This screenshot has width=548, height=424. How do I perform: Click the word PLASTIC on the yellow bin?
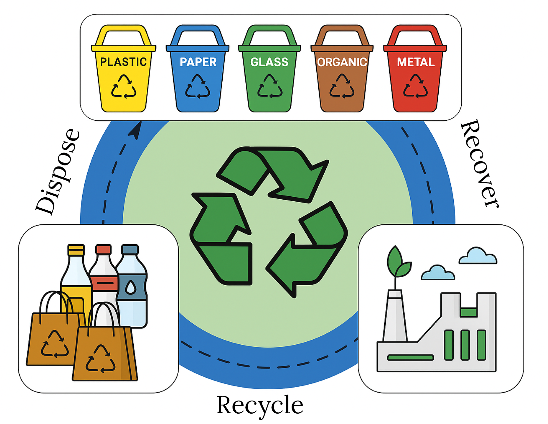pos(123,62)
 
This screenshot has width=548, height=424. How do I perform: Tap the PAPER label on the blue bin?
pos(198,62)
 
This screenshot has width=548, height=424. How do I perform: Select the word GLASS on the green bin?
pos(269,62)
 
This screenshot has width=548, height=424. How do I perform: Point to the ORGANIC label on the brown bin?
pos(342,62)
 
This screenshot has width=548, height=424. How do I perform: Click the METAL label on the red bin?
pos(416,62)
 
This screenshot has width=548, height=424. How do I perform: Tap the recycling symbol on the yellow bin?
pos(124,87)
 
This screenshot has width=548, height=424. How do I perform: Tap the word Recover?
pos(480,164)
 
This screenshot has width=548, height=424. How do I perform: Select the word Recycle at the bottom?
pos(260,405)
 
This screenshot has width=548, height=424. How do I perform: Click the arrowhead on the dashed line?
pos(136,130)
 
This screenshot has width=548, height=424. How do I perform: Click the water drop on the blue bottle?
pos(131,287)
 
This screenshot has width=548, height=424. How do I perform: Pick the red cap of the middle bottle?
pos(103,249)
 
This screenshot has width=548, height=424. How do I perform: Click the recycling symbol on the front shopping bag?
pos(100,359)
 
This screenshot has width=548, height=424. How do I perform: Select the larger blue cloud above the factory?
pos(478,256)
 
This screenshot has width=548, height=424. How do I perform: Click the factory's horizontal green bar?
pos(410,357)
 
